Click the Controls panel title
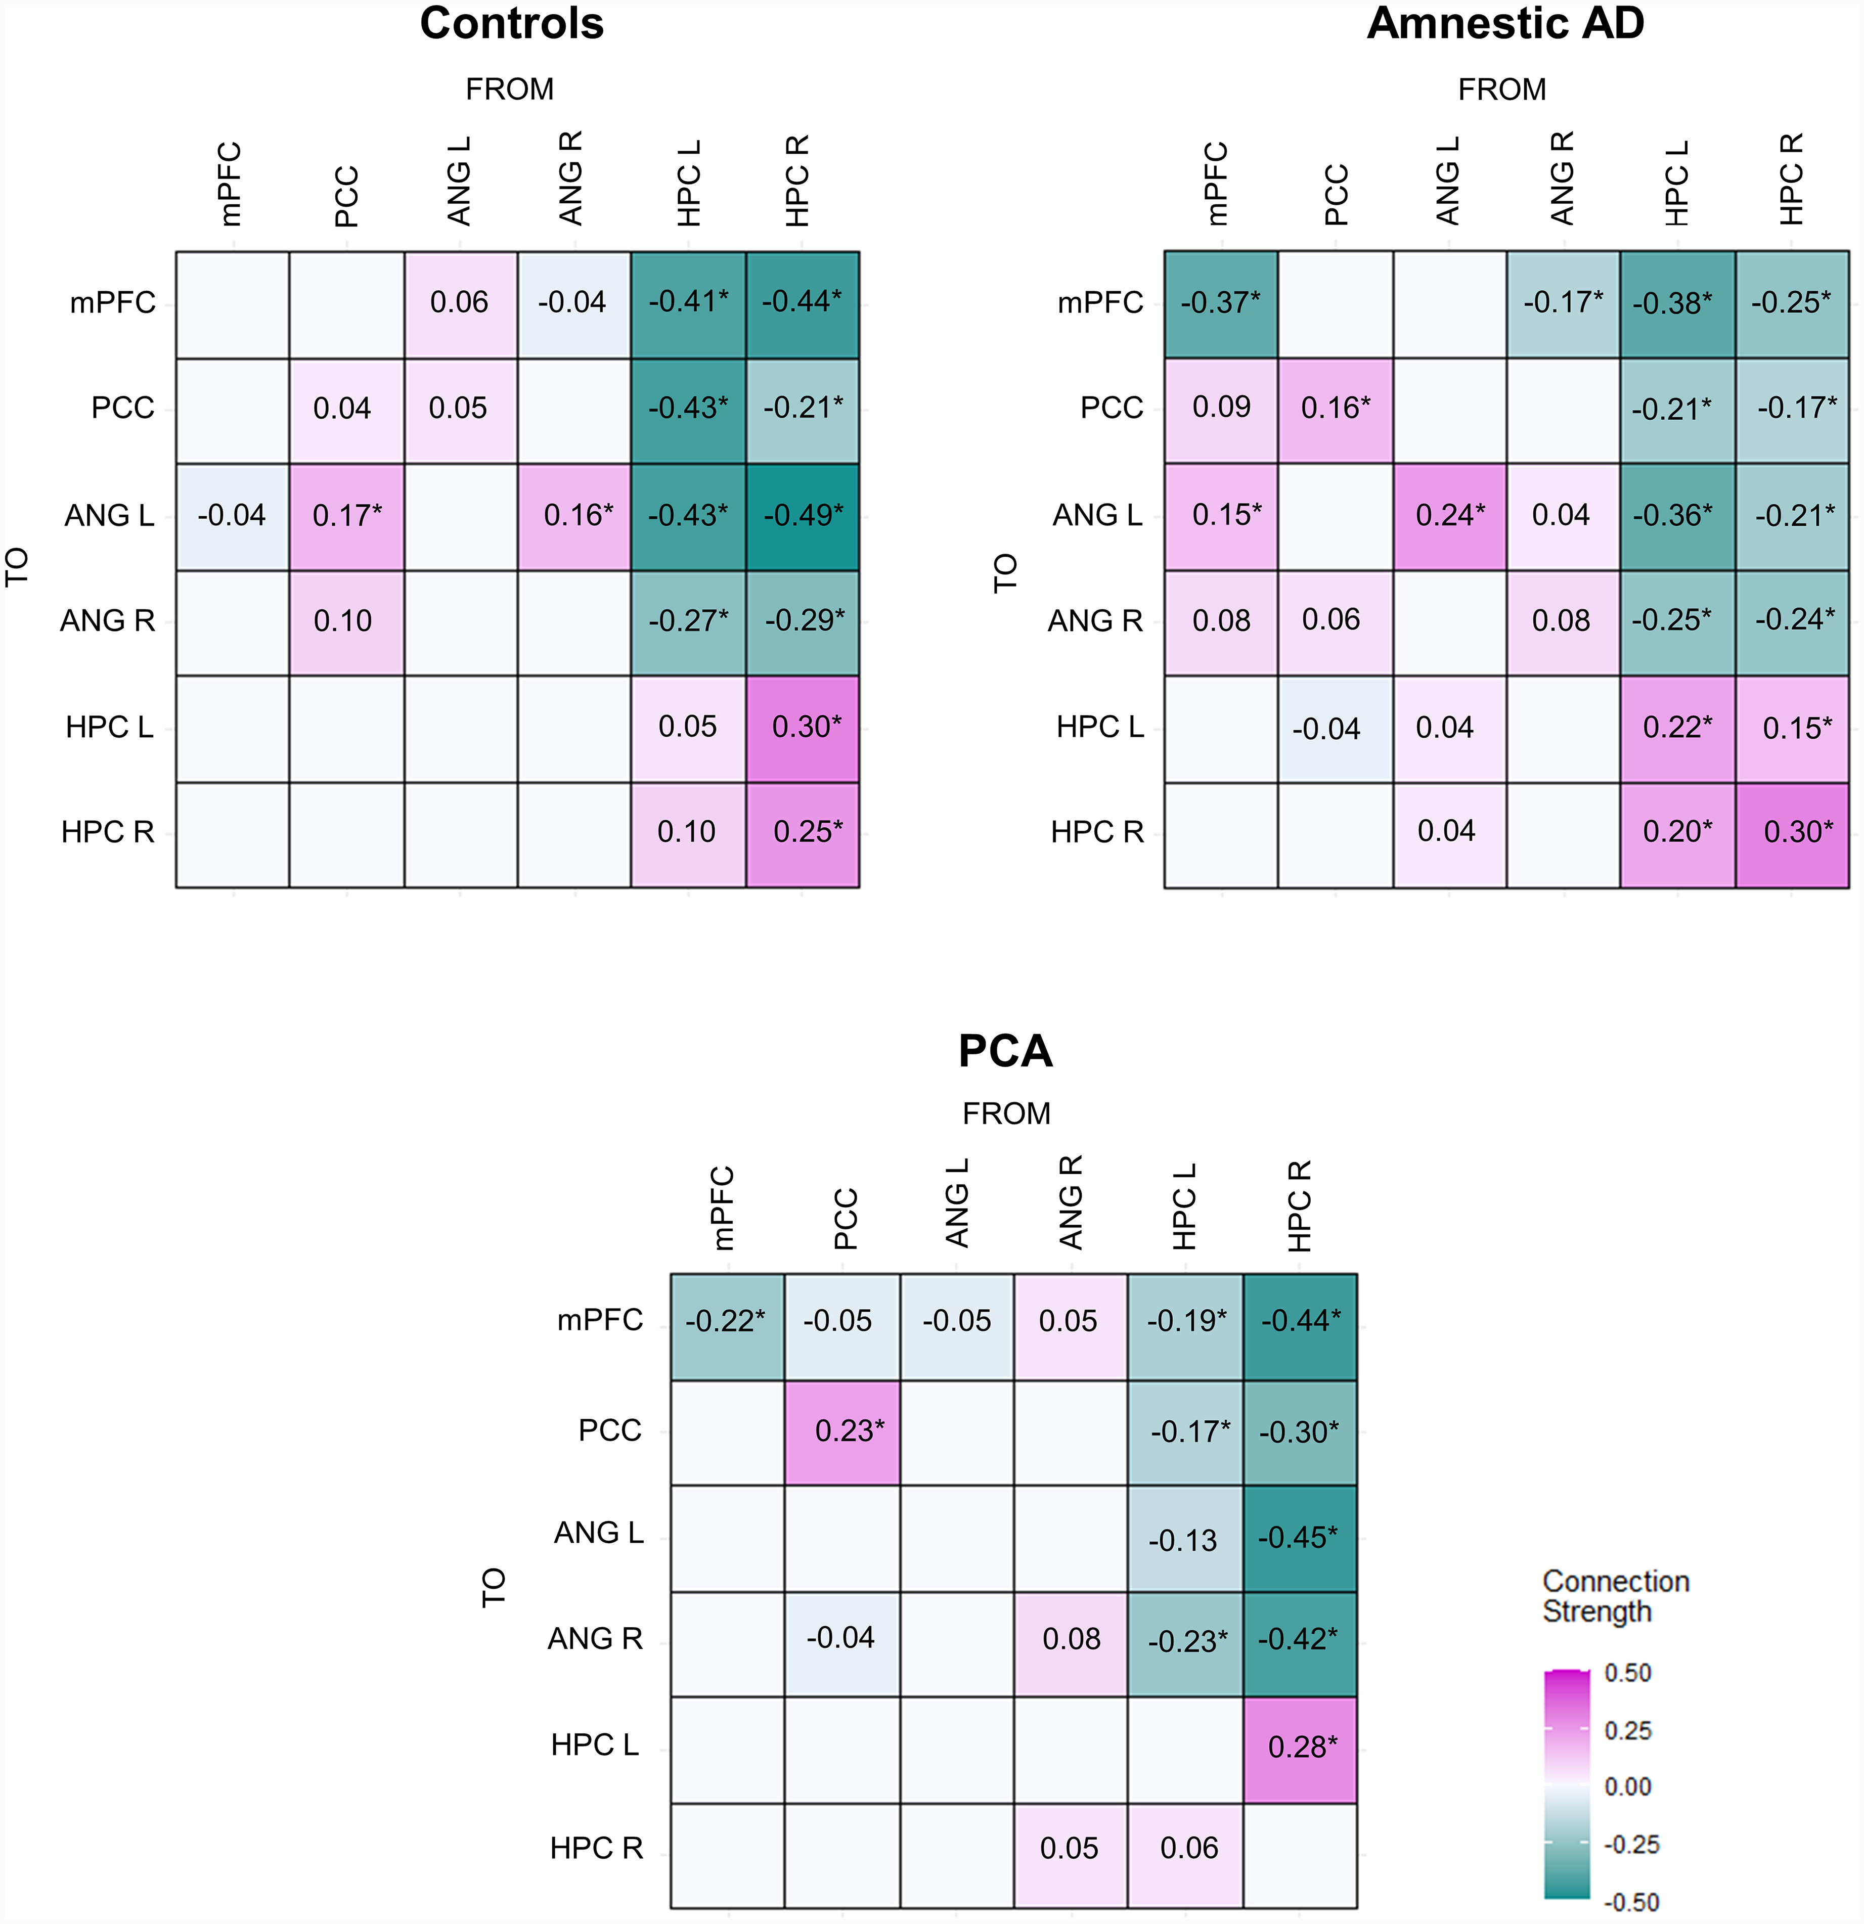click(x=511, y=24)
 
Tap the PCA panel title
click(x=1005, y=1051)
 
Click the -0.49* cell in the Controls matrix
click(x=803, y=515)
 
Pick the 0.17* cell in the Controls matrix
click(x=346, y=515)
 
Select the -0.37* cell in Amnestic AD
click(x=1221, y=303)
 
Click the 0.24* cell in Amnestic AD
click(x=1450, y=515)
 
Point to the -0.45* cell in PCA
click(x=1301, y=1537)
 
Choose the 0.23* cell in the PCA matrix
click(x=842, y=1431)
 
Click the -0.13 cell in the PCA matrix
click(x=1186, y=1537)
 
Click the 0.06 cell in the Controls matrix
click(x=460, y=303)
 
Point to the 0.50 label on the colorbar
click(x=1627, y=1673)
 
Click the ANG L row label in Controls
click(x=110, y=515)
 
